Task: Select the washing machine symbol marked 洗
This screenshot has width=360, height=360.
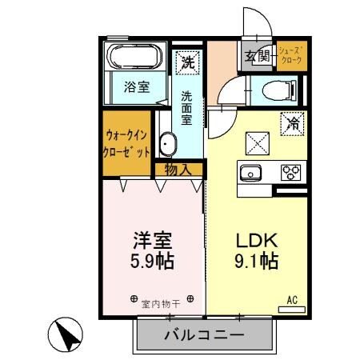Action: pos(187,61)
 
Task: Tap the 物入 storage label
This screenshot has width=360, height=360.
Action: pos(178,168)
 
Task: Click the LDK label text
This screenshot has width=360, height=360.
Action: pos(255,241)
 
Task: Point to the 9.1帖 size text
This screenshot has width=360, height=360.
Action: pos(256,262)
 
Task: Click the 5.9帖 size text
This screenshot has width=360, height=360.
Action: pos(153,262)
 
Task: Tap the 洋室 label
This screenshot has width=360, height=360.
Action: pos(152,241)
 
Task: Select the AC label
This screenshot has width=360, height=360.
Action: pos(292,300)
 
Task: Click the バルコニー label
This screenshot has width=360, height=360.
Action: pos(203,334)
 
